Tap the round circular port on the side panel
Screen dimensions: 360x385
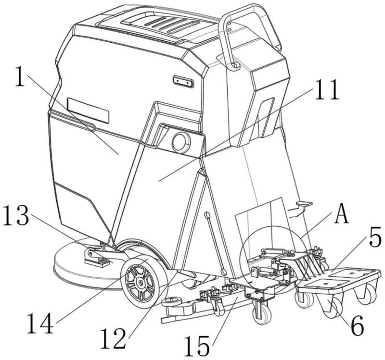point(181,142)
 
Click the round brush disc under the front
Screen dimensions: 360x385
point(77,269)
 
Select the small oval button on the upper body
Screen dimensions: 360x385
point(183,82)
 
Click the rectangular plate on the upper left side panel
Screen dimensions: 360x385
point(88,110)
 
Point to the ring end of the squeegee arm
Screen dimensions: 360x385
point(171,302)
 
